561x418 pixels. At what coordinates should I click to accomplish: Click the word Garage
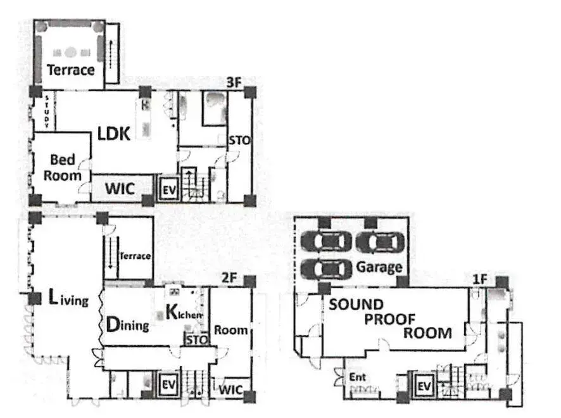click(x=379, y=267)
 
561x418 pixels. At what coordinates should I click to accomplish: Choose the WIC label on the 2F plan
click(x=230, y=389)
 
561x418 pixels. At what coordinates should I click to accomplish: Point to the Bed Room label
click(x=62, y=167)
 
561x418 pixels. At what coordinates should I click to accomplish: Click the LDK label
click(x=114, y=134)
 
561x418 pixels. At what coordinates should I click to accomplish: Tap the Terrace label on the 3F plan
click(x=71, y=70)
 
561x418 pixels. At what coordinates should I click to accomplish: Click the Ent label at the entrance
click(x=358, y=377)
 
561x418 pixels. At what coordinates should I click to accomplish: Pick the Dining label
click(x=127, y=325)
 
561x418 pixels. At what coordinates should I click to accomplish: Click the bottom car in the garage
click(x=325, y=269)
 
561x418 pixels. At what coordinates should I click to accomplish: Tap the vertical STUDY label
click(x=47, y=111)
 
